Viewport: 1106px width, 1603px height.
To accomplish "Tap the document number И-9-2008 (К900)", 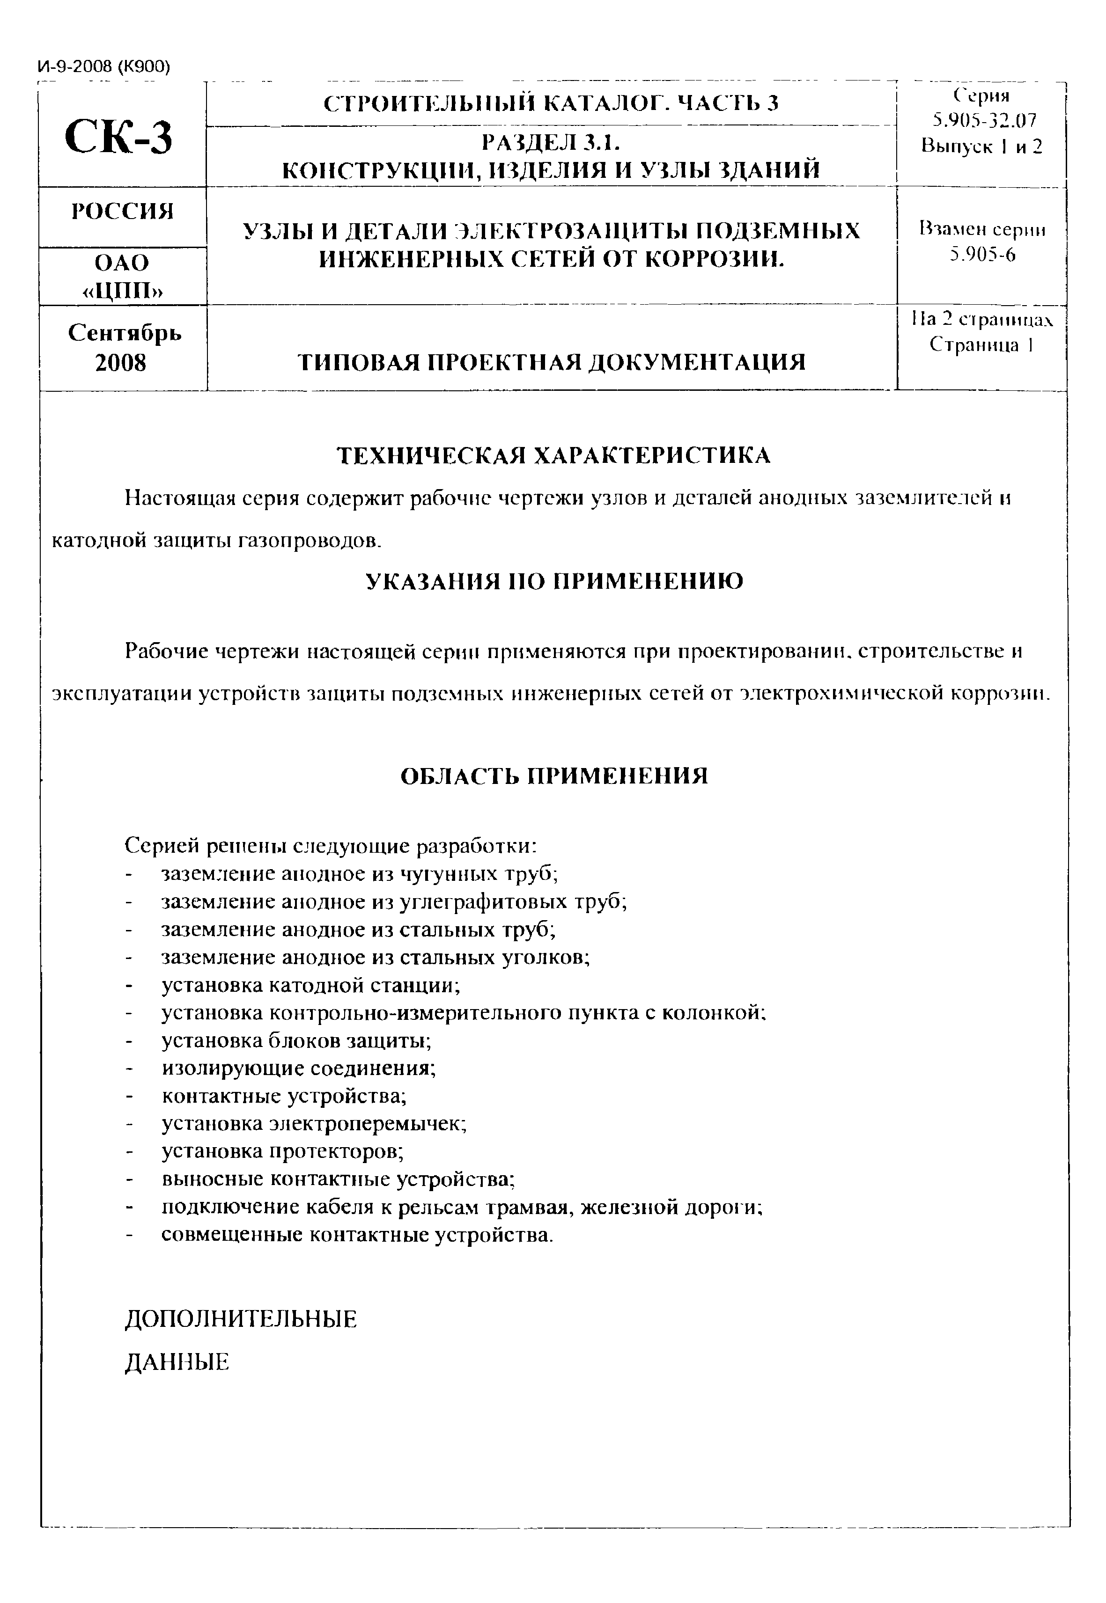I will (103, 66).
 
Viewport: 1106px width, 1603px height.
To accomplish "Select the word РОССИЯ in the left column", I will (123, 211).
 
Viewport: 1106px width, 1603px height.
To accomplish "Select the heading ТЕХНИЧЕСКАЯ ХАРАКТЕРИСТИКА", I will (553, 456).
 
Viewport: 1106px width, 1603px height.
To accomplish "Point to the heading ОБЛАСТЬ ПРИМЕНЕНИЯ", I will (553, 776).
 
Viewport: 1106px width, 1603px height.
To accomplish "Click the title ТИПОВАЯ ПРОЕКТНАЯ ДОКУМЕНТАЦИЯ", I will (552, 362).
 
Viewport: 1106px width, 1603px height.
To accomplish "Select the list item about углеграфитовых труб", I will (394, 902).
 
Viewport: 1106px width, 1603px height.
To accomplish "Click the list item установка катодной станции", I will (310, 985).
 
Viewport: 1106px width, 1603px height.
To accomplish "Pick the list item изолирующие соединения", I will (299, 1068).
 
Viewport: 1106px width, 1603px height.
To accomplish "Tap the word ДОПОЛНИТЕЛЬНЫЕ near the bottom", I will (241, 1319).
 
